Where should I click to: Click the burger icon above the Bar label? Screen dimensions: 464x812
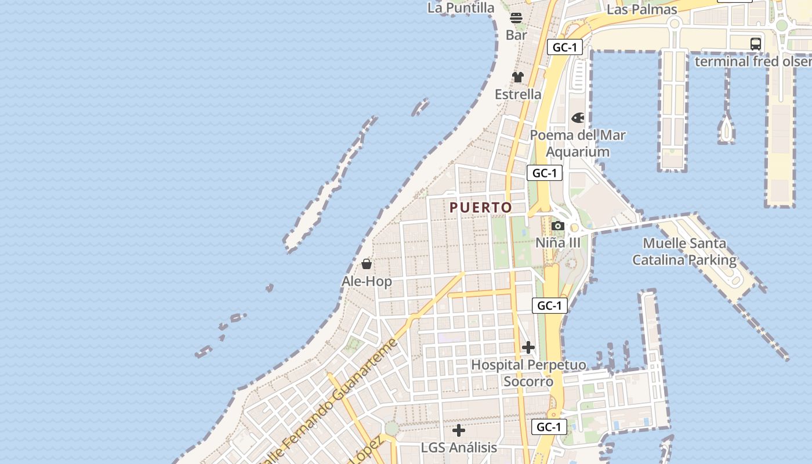click(516, 18)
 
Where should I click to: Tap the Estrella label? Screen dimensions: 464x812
click(518, 94)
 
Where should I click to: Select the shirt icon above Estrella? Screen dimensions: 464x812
click(518, 77)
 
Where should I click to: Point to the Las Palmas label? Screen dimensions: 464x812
click(641, 10)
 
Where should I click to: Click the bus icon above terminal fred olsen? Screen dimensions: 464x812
click(755, 43)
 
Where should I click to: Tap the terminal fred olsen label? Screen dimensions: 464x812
click(753, 61)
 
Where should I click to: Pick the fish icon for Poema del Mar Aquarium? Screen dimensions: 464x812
click(578, 118)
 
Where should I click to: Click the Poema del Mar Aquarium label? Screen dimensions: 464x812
click(578, 143)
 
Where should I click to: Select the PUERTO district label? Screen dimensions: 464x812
click(481, 207)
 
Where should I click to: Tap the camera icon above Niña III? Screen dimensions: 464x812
click(558, 226)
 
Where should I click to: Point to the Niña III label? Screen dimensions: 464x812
click(558, 242)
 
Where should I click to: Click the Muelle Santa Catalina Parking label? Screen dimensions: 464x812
click(684, 252)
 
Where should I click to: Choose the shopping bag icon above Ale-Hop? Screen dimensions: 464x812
click(367, 264)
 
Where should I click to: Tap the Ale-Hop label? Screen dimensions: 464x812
click(367, 281)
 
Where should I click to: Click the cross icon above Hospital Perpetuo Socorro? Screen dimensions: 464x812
click(528, 347)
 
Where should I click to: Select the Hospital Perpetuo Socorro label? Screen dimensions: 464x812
click(528, 373)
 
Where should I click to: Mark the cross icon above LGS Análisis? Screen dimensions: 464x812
click(459, 430)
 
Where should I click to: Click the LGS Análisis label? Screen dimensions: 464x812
click(459, 447)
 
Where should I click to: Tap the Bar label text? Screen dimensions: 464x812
click(516, 35)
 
